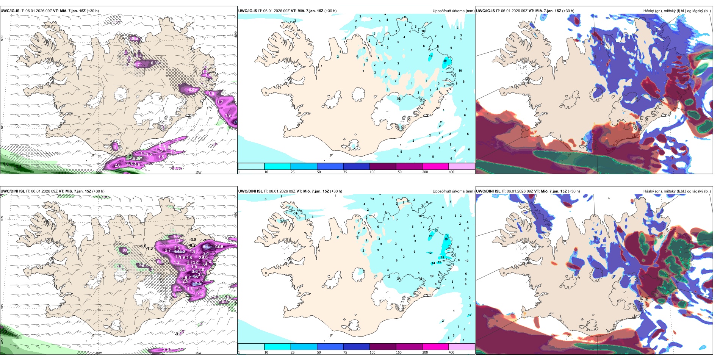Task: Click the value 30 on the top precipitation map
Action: pos(445,61)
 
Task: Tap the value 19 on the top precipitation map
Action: pos(430,56)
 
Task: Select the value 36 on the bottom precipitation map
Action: pos(446,239)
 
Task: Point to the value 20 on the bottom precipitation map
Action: pos(430,236)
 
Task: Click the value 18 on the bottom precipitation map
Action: pos(442,258)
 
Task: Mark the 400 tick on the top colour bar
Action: pos(451,172)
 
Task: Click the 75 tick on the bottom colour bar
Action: pos(345,352)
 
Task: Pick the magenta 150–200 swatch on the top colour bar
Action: pos(435,166)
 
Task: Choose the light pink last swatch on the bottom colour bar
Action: pos(462,347)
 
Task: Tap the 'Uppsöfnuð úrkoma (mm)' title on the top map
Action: pos(453,11)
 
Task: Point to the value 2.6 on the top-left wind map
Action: pos(117,165)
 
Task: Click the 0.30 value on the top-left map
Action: pos(155,63)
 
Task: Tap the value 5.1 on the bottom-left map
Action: pos(206,247)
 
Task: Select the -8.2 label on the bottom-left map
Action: pos(193,245)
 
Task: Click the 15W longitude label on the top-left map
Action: pos(198,172)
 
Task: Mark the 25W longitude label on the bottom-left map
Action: pos(2,341)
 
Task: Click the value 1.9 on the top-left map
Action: pos(228,115)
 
